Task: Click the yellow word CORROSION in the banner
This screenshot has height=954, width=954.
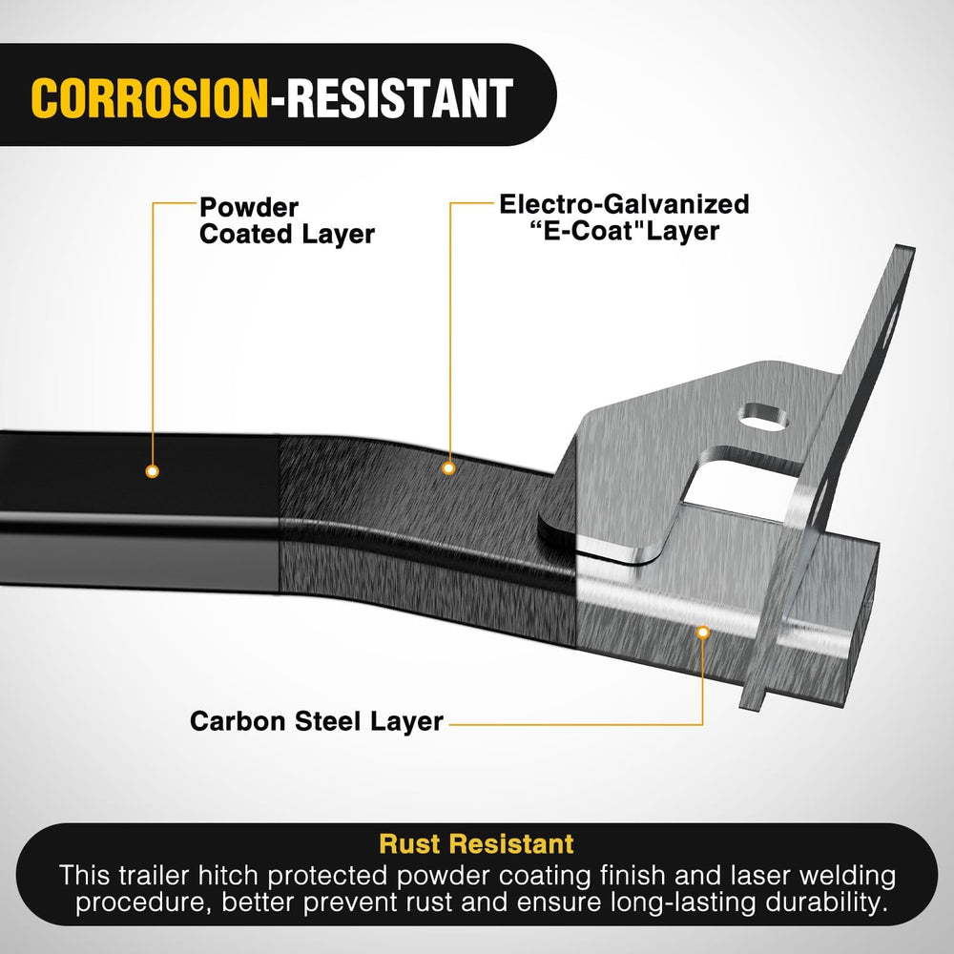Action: [149, 98]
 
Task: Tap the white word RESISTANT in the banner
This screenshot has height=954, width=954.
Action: [400, 98]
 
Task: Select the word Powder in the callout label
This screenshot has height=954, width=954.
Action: [249, 208]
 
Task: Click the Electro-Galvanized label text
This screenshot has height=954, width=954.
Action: [624, 204]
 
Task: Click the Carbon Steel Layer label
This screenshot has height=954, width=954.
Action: [317, 721]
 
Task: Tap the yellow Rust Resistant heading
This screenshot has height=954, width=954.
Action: [476, 844]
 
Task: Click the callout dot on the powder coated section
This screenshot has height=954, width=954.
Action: [153, 471]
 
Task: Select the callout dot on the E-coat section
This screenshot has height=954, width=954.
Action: [449, 468]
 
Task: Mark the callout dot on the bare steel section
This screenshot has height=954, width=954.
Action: [703, 633]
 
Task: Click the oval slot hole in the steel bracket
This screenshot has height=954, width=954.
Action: [762, 418]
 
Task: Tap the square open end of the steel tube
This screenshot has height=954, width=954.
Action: [861, 609]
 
